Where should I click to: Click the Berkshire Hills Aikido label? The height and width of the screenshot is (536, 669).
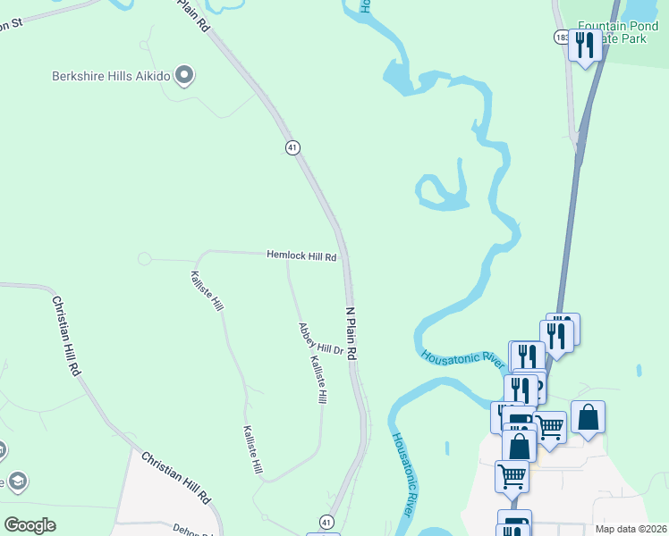110,75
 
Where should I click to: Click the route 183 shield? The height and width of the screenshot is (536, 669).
561,38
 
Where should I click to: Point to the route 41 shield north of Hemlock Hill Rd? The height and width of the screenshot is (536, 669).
292,147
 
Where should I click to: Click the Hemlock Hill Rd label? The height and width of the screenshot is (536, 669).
301,255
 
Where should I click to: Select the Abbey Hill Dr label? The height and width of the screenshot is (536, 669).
321,339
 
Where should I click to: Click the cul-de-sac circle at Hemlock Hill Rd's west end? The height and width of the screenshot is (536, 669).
144,259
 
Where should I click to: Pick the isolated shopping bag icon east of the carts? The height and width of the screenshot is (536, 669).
588,417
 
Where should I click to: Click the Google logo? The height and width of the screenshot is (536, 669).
30,525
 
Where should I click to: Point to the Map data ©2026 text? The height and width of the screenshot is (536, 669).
631,529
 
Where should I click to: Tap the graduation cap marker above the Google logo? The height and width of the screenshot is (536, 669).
16,482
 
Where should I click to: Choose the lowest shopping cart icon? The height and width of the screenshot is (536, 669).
512,475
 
